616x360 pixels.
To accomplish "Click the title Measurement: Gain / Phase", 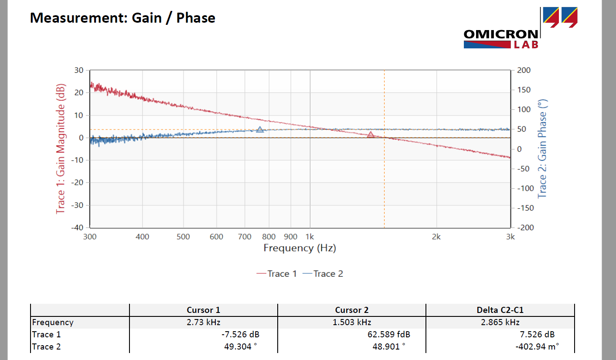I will point(123,18).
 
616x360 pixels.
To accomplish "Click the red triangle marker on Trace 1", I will point(371,135).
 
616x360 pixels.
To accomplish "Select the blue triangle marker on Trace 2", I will point(260,129).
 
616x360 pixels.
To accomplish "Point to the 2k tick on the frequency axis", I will point(436,237).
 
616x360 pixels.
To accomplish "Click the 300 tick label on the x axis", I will point(90,237).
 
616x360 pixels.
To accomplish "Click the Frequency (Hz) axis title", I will point(299,248).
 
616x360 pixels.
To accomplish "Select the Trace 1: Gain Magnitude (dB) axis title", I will point(61,148).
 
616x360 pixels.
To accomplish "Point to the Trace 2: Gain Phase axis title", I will point(542,148).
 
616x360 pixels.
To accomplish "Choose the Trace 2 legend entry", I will point(323,274).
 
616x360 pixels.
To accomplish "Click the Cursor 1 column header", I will point(204,310).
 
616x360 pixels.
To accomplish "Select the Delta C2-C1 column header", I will point(500,310).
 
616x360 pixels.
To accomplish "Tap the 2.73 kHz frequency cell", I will point(204,322).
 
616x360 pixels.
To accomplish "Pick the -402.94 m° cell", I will point(537,347).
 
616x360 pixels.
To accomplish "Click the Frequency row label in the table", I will point(53,322).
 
